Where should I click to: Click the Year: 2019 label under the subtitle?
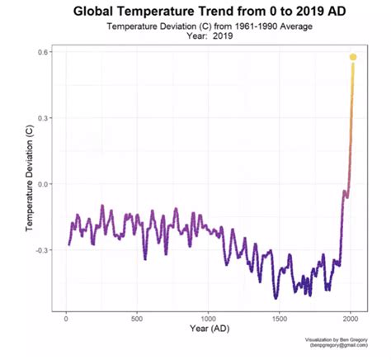208,37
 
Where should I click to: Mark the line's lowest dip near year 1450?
276,296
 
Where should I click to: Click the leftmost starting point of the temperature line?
68,244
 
